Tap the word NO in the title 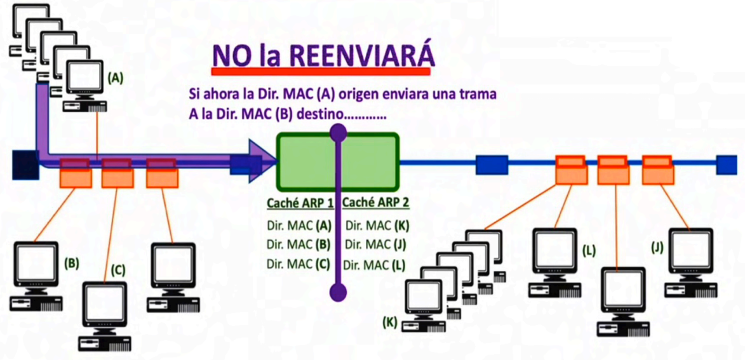point(231,56)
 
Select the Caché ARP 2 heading point(375,203)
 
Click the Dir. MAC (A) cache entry point(299,225)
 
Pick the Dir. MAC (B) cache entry point(299,244)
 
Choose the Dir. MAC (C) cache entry point(299,263)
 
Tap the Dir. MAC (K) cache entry point(377,225)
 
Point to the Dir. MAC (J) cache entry point(375,244)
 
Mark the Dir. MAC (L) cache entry point(374,265)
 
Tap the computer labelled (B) point(36,276)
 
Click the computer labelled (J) point(691,263)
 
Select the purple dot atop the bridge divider point(338,133)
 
